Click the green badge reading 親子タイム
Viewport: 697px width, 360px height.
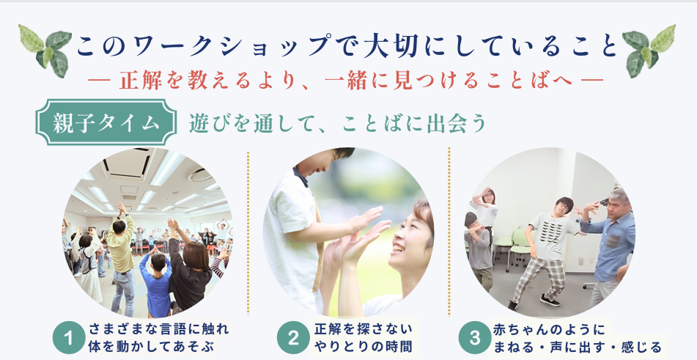coord(106,122)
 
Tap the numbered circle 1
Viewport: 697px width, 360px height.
coord(68,338)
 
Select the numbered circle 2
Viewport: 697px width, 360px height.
coord(293,338)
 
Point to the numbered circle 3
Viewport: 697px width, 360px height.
coord(475,338)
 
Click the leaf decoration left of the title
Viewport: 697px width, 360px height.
coord(45,50)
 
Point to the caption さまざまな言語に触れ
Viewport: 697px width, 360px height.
coord(159,329)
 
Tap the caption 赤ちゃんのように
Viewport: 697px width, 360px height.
coord(549,329)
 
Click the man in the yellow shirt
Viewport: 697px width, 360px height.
coord(121,258)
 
